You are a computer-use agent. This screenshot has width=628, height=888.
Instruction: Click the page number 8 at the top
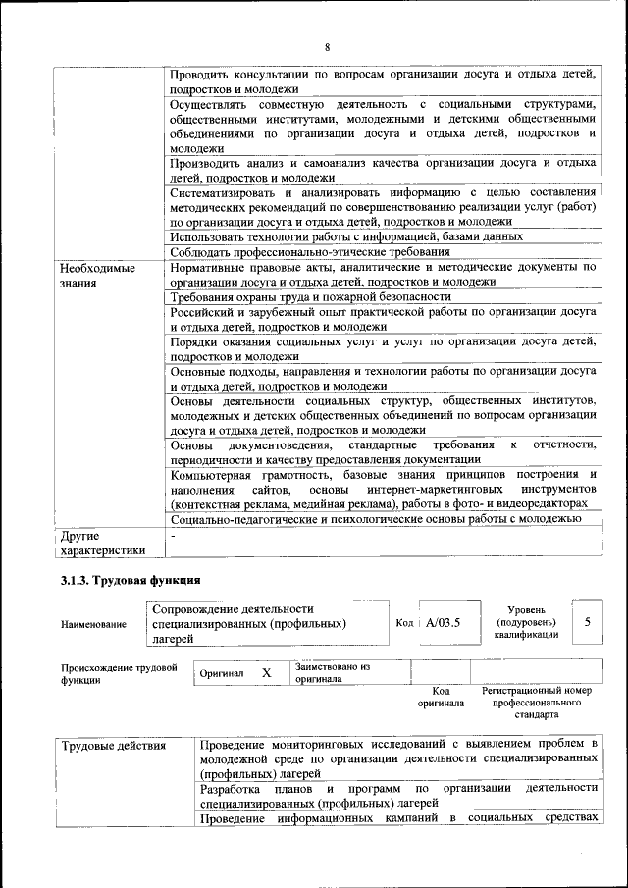click(327, 47)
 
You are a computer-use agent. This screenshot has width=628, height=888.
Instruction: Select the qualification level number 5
click(587, 622)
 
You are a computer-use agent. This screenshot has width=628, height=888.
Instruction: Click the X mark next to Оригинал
click(265, 673)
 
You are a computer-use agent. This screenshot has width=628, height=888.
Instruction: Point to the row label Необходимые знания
click(97, 275)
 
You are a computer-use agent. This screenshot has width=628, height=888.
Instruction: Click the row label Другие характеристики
click(102, 543)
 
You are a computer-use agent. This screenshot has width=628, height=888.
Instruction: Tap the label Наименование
click(93, 624)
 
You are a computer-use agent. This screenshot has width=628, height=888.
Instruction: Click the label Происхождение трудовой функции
click(118, 673)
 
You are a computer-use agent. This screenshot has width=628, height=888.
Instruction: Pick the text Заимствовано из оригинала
click(332, 672)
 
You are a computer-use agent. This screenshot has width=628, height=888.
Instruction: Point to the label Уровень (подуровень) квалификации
click(528, 622)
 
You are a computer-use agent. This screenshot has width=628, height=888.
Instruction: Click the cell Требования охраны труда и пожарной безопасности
click(310, 296)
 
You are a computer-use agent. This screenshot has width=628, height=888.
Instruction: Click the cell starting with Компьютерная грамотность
click(383, 489)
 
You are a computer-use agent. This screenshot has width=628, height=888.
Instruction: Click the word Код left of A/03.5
click(404, 623)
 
